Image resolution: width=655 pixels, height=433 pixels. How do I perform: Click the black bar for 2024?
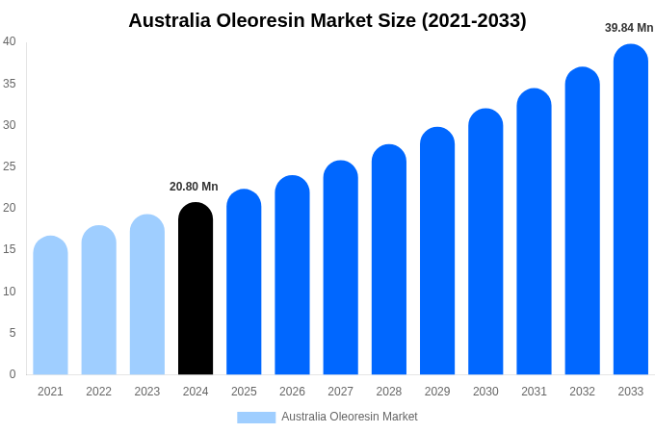196,289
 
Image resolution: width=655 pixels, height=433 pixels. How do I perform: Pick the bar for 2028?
389,260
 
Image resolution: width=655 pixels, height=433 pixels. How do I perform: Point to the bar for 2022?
98,300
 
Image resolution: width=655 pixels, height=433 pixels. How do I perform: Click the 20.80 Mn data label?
194,187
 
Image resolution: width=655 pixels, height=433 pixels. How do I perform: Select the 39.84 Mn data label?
629,28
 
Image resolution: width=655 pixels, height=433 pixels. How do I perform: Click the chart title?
327,20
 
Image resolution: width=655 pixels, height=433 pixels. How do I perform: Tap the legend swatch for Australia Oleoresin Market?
256,417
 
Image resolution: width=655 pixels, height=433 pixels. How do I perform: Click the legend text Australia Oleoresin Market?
350,417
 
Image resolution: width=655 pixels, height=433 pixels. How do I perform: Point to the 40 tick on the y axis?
10,41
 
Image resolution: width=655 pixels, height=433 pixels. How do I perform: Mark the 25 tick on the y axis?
10,166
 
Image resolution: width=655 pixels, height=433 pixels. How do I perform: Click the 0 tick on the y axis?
13,374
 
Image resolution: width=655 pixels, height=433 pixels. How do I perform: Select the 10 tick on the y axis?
10,292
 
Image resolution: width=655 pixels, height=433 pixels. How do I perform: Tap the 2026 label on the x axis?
292,392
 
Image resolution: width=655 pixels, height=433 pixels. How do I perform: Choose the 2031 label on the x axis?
534,392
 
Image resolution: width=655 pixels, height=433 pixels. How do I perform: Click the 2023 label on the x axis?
147,392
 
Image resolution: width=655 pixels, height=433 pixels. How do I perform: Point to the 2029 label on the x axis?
437,392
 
